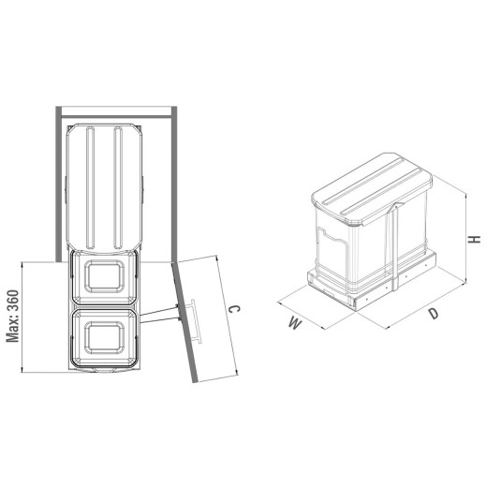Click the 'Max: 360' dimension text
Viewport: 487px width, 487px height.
pos(13,317)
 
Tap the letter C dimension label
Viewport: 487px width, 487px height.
pos(234,309)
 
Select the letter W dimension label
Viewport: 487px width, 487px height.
pos(295,323)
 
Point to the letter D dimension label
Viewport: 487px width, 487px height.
pos(434,314)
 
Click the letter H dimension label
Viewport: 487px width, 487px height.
pos(475,240)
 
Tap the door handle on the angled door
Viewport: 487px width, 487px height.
pos(196,321)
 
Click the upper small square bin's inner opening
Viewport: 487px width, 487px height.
pos(104,276)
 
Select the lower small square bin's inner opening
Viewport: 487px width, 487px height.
pos(104,338)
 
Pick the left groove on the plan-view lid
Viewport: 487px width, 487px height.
pos(90,187)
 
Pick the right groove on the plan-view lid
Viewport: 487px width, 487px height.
pos(118,187)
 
